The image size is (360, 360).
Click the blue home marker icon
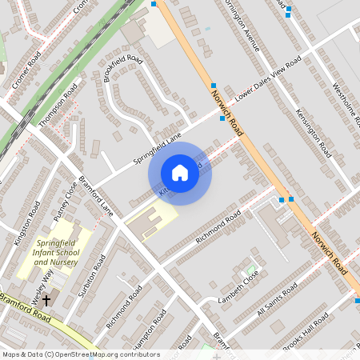[x=180, y=173]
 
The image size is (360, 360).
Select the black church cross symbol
[x=46, y=301]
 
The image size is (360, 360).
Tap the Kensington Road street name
[x=312, y=131]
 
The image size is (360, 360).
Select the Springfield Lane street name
[x=158, y=149]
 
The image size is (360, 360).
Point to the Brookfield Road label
[x=123, y=70]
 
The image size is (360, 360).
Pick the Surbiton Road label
[x=93, y=274]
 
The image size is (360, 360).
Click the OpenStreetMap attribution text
[x=70, y=354]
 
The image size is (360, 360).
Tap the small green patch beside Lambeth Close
[x=253, y=270]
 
